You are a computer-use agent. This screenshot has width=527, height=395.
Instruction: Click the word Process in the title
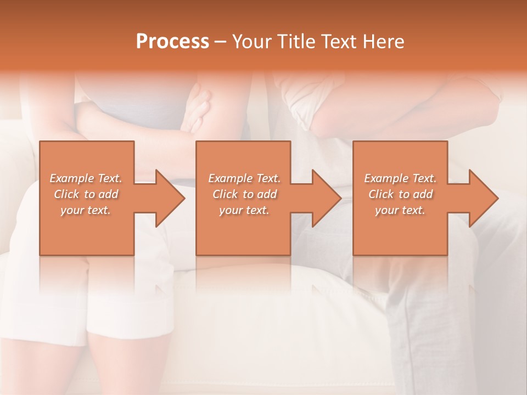[172, 42]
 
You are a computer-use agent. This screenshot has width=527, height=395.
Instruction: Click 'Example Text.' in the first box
[86, 178]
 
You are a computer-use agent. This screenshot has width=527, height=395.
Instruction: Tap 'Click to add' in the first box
[86, 194]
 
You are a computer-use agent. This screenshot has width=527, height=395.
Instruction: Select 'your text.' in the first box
[86, 210]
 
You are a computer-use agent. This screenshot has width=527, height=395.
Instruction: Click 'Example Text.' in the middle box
[244, 178]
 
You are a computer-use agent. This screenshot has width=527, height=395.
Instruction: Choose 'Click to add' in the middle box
[244, 194]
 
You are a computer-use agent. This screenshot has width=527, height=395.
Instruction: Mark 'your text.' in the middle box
[244, 210]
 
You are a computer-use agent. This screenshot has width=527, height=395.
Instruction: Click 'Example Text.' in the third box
[400, 178]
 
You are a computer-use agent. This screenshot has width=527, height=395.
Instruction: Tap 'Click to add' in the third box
[400, 194]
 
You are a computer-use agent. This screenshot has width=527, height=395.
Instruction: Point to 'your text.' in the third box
[400, 210]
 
